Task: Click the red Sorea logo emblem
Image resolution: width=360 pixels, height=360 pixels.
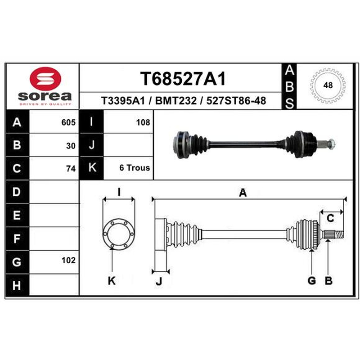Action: [x=45, y=79]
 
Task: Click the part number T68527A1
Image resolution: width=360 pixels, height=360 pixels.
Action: [x=183, y=78]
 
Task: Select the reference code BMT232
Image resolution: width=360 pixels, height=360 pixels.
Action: [x=176, y=100]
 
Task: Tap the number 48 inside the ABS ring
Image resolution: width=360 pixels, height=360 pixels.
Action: [x=328, y=85]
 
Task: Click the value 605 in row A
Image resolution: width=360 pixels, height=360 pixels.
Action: [x=68, y=122]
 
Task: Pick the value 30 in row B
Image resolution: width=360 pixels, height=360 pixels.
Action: [x=71, y=146]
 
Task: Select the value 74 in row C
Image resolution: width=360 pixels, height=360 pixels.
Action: [x=71, y=169]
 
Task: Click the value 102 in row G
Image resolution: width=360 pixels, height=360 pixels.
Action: [x=68, y=261]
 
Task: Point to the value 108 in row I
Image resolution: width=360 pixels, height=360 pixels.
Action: [x=143, y=122]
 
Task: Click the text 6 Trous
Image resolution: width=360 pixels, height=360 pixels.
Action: [x=135, y=168]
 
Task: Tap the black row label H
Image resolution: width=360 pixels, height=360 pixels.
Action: [x=17, y=285]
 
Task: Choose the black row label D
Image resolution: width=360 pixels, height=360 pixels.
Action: [x=17, y=192]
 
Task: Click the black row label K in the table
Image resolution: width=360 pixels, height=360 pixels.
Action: [x=92, y=168]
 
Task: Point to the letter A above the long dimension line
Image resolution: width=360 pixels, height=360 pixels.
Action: [x=243, y=193]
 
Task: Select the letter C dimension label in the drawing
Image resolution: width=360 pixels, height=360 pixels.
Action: [x=330, y=218]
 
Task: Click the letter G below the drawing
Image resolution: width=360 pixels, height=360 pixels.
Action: [x=311, y=280]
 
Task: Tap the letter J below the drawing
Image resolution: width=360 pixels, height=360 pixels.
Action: [x=159, y=281]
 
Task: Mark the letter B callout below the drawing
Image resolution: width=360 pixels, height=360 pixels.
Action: [x=328, y=280]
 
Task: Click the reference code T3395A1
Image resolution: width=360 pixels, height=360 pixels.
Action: [x=123, y=100]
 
